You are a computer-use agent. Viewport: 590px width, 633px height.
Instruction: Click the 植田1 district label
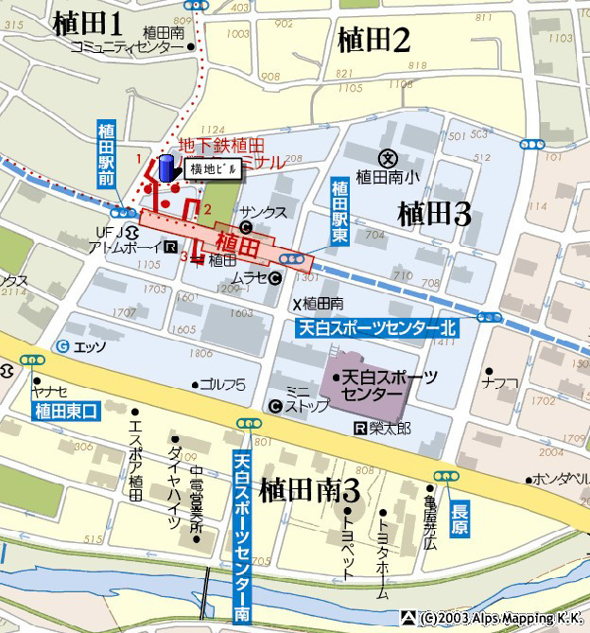point(89,24)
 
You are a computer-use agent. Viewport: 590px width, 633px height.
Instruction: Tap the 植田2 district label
point(373,40)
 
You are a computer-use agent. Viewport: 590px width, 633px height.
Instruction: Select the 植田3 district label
point(434,213)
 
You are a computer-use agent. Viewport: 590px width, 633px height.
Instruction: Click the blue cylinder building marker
point(166,168)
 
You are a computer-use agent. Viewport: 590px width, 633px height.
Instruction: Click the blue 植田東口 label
point(64,410)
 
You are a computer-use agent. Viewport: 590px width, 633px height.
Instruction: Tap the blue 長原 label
point(460,505)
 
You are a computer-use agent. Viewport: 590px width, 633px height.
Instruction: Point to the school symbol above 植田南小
point(386,158)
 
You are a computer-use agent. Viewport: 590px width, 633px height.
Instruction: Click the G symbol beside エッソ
point(62,346)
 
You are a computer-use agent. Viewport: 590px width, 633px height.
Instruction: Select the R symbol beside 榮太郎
point(359,429)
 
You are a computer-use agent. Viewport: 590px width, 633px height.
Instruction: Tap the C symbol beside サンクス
point(246,227)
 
